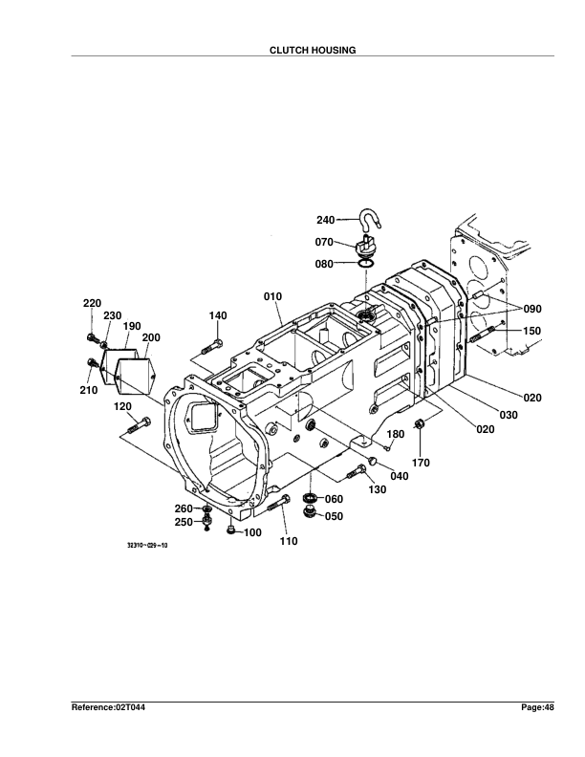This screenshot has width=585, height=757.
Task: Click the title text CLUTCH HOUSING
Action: click(313, 50)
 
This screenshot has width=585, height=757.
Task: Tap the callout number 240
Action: click(325, 221)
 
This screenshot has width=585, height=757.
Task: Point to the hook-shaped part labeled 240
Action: click(370, 222)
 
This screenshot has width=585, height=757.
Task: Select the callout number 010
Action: click(272, 296)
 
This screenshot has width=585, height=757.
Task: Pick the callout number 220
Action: click(92, 303)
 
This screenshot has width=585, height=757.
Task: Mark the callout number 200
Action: click(151, 337)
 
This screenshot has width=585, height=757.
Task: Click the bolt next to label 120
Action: click(140, 427)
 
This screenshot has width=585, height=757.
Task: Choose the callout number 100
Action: click(251, 532)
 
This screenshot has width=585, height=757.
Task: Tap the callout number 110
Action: click(289, 542)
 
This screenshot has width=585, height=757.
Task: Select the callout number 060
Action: click(334, 499)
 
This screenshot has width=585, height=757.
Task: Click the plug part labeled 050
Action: click(310, 514)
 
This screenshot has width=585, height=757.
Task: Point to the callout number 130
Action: click(377, 490)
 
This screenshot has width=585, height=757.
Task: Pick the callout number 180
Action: click(395, 434)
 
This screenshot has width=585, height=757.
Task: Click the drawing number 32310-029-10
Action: click(147, 547)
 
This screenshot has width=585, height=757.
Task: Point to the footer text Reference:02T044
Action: click(110, 706)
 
